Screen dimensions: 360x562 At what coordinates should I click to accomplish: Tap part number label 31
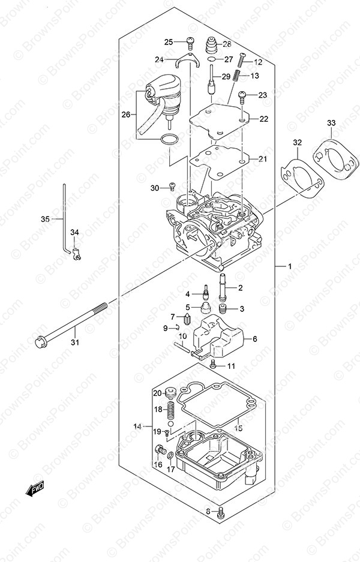[74, 342]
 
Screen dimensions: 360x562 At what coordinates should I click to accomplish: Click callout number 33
[331, 124]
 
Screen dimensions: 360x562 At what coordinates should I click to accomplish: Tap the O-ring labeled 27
[212, 59]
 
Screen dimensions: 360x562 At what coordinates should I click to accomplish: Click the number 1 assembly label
[289, 266]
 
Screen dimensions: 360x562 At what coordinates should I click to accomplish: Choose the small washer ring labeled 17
[170, 456]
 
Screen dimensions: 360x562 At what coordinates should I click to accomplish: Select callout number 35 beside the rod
[45, 219]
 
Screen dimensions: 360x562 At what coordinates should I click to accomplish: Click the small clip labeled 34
[76, 253]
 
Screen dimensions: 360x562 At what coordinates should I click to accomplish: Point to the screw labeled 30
[172, 186]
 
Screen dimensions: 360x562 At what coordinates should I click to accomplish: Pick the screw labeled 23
[242, 97]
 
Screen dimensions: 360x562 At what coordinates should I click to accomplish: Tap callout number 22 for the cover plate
[264, 119]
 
